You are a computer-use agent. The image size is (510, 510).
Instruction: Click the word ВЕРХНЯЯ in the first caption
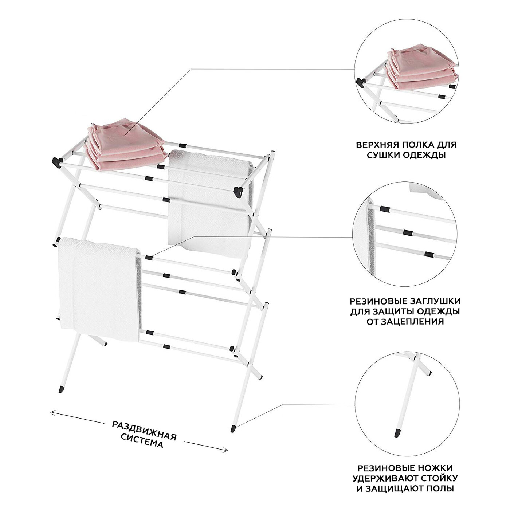pyautogui.click(x=376, y=145)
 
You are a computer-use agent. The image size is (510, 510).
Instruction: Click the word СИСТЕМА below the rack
pyautogui.click(x=142, y=441)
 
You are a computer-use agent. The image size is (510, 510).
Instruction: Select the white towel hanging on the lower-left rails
pyautogui.click(x=98, y=288)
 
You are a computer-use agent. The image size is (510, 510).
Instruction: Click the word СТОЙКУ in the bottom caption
pyautogui.click(x=441, y=478)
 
